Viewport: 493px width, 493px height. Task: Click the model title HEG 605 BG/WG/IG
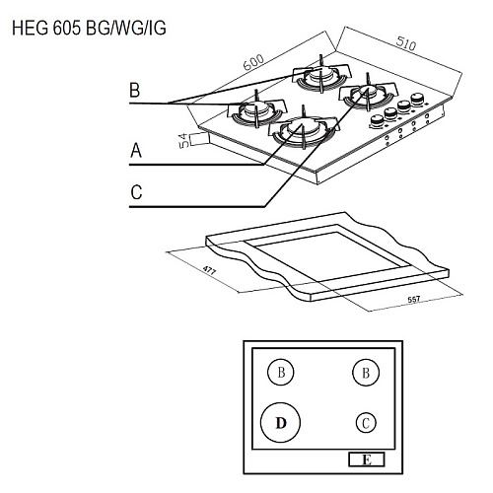(x=89, y=28)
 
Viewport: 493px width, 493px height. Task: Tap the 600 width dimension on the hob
(x=253, y=62)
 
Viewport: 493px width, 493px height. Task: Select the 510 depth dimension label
(x=406, y=43)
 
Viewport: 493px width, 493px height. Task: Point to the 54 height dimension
(x=184, y=140)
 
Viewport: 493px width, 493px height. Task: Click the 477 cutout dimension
(x=209, y=270)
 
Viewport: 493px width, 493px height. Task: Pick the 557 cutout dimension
(x=414, y=300)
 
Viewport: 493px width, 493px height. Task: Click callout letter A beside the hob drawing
(x=136, y=151)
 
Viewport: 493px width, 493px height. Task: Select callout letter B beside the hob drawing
(x=135, y=90)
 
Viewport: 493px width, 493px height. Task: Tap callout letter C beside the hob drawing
(x=136, y=192)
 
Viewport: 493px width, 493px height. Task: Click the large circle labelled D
(x=280, y=422)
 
